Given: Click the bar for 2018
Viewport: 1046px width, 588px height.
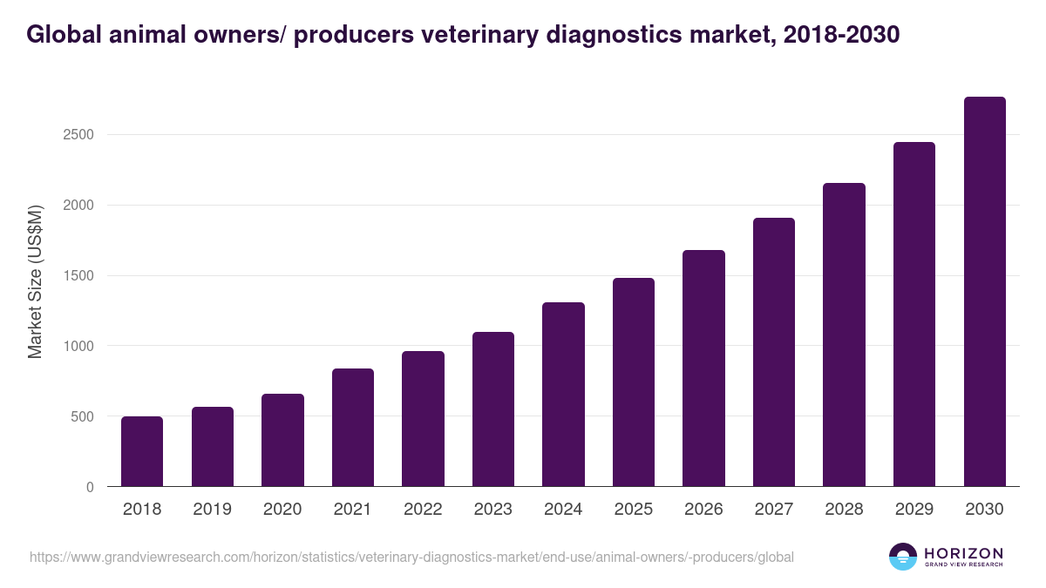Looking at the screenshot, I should coord(142,452).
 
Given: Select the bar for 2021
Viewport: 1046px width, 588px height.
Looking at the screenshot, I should coord(353,428).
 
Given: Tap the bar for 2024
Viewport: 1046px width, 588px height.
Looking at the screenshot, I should coord(563,395).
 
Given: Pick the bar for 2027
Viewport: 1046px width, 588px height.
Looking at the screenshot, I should coord(774,352).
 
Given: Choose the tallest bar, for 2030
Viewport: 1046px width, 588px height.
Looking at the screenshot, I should coord(984,292).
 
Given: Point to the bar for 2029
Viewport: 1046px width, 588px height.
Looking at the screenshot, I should coord(914,314).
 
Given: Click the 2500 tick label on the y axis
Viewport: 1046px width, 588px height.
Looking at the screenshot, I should coord(78,135).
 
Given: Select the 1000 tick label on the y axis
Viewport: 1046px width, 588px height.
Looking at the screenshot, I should coord(78,346).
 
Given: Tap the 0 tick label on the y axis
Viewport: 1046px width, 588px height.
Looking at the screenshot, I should coord(90,487).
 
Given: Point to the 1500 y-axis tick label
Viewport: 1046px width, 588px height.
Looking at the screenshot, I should coord(78,276).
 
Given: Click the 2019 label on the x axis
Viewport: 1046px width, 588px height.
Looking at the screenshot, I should coord(212,510).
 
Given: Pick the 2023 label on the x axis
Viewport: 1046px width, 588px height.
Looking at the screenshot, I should coord(492,510).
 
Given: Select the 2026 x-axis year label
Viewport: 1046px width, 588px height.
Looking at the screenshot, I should coord(703,510).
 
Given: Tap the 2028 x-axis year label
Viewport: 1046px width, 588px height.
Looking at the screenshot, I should coord(844,510).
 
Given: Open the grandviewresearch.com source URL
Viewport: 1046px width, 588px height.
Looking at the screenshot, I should coord(411,557).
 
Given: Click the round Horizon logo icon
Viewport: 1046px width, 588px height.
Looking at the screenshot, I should coord(903,557).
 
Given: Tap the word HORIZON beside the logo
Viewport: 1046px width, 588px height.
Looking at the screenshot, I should coord(963,552).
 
